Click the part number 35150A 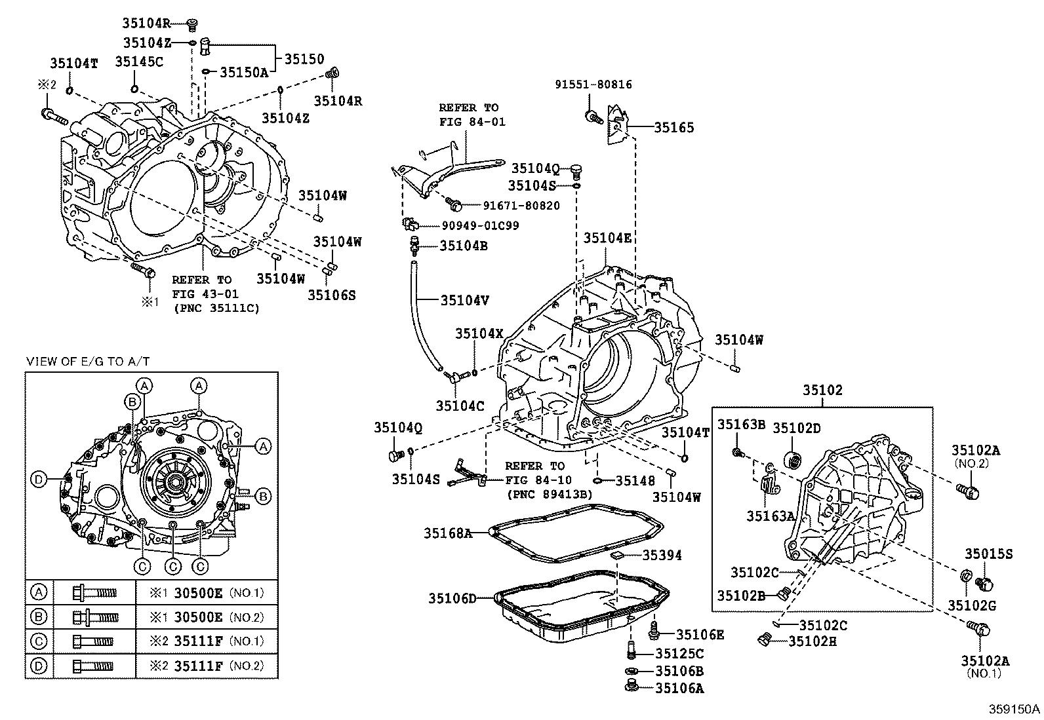244,72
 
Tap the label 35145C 140,62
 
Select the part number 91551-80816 593,85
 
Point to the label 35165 674,127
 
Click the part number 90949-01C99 480,225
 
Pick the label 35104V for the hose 465,301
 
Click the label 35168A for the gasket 448,533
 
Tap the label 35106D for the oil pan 452,598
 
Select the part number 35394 662,555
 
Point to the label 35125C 679,654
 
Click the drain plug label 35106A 679,689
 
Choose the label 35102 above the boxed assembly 822,390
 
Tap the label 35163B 741,425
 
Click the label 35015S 988,554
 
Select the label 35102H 813,642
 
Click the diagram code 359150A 1014,709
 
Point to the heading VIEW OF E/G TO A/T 88,362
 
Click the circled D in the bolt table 39,666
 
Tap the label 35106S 331,295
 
